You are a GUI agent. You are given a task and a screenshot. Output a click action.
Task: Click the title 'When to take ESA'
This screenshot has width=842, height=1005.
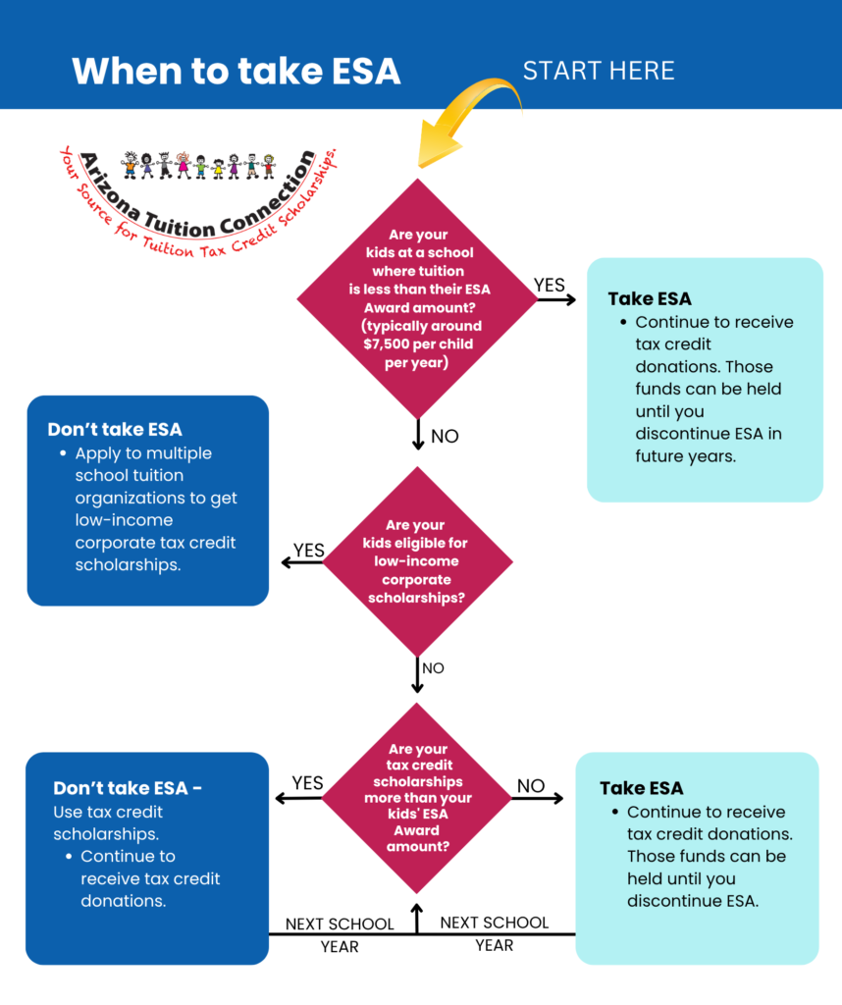[236, 71]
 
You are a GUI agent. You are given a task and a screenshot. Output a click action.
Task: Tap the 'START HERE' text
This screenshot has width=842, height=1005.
[599, 71]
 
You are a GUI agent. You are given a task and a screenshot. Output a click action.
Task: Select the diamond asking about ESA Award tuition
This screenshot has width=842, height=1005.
[417, 298]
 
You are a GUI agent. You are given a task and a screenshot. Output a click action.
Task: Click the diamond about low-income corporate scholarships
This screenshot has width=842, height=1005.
[417, 561]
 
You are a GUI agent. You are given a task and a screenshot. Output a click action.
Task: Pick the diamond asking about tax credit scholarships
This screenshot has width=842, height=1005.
[417, 798]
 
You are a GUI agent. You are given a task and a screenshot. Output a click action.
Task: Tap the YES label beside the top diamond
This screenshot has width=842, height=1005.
[550, 286]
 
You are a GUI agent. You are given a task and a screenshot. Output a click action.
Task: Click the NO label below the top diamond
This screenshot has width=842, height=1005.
[445, 437]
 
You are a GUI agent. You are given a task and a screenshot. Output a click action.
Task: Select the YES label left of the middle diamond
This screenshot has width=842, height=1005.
[309, 551]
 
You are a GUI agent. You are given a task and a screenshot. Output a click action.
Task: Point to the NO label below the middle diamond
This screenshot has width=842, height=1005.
[433, 668]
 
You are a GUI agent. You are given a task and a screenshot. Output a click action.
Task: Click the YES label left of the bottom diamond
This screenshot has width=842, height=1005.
[307, 783]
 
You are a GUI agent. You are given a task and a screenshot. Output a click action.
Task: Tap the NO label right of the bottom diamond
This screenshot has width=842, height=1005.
[531, 786]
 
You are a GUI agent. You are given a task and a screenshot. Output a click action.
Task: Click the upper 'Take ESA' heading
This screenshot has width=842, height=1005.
[650, 299]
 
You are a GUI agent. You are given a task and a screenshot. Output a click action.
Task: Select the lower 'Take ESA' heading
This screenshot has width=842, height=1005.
[642, 788]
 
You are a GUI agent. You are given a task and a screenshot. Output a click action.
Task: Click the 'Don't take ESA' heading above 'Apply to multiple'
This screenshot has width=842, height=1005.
[115, 430]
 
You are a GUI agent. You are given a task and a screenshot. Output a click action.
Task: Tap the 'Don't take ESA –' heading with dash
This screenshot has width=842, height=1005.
[128, 788]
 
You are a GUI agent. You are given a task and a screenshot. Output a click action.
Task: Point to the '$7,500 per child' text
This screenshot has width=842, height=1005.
[418, 344]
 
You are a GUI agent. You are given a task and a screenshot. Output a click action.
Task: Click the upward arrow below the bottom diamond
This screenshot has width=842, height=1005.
[417, 918]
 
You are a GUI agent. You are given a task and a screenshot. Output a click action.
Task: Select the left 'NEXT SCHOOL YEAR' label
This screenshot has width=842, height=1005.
[340, 935]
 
